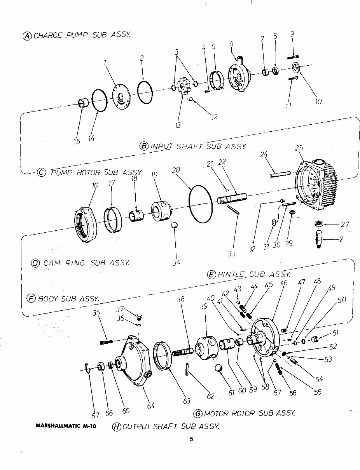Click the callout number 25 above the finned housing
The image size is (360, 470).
(299, 148)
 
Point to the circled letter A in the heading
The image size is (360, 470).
(28, 35)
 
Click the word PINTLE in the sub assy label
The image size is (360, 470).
(231, 274)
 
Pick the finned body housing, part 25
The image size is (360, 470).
(317, 187)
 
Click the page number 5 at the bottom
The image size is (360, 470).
(191, 439)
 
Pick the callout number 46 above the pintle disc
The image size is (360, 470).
(284, 283)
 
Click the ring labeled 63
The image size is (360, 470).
(163, 355)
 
